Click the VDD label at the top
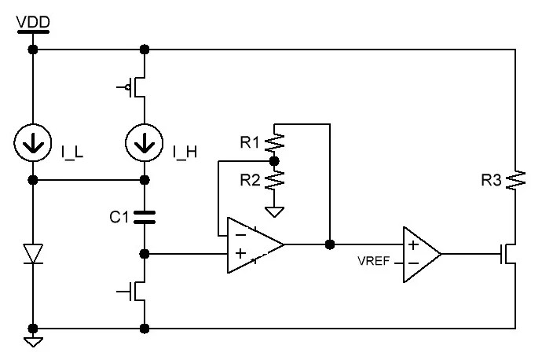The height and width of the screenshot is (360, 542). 32,17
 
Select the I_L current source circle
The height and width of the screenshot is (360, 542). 33,142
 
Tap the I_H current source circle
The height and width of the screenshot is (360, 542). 144,142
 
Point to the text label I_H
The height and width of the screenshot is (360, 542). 184,152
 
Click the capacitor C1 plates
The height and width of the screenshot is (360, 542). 144,216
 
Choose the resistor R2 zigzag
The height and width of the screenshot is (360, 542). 273,181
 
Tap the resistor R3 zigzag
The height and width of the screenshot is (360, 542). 515,181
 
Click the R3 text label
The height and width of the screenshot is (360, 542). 491,181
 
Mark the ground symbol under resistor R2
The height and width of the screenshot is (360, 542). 273,213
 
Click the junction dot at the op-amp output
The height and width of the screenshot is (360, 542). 329,244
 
